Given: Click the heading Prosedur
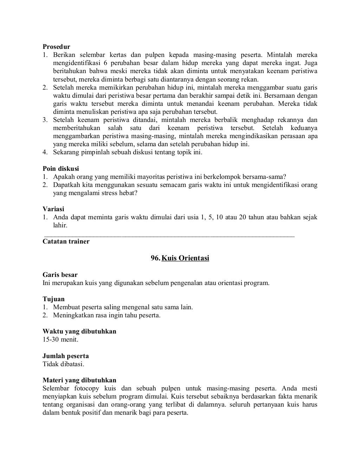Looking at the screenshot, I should click(x=56, y=47).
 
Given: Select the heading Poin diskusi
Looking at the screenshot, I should click(x=60, y=169).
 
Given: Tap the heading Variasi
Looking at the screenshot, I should click(x=53, y=209).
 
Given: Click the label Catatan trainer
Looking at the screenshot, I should click(x=66, y=241).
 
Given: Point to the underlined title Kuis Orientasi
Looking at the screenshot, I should click(x=185, y=258).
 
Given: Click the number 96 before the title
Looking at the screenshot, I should click(x=155, y=258).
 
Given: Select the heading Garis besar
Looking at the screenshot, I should click(x=60, y=275).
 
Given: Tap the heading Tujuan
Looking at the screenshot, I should click(x=53, y=299).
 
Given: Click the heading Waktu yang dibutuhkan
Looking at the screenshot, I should click(x=79, y=331).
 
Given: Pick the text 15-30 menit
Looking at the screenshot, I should click(x=60, y=339).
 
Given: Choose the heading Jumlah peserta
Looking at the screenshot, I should click(x=65, y=356).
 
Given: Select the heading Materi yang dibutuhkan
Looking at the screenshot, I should click(x=79, y=380).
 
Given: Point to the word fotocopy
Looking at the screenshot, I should click(x=86, y=388).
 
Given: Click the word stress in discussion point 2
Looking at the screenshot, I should click(x=110, y=193).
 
